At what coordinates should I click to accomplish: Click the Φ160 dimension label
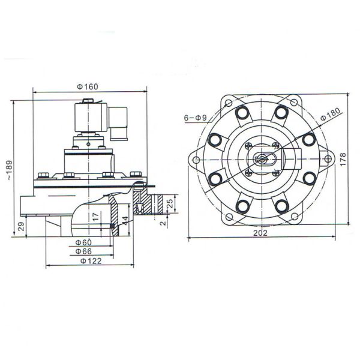coord(88,86)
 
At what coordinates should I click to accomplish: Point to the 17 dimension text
coord(95,217)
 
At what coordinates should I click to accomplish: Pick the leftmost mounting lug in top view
coord(196,160)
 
